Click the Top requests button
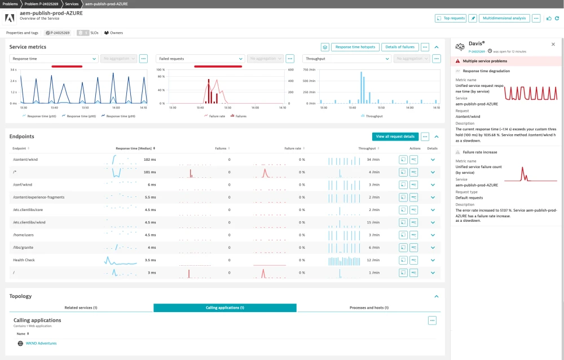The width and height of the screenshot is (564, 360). (x=451, y=18)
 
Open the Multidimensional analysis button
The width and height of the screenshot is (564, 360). (x=504, y=18)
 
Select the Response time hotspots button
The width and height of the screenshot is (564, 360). (x=355, y=47)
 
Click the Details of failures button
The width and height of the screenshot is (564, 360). (x=399, y=47)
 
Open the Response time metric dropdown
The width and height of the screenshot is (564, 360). (x=54, y=59)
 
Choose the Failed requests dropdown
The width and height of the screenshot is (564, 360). (x=200, y=59)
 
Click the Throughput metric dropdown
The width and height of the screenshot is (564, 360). (x=347, y=59)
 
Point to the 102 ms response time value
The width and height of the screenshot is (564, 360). (x=150, y=160)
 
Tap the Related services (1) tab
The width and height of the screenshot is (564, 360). (x=81, y=308)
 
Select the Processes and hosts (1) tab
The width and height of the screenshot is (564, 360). (x=369, y=308)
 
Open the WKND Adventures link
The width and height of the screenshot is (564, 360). (x=41, y=343)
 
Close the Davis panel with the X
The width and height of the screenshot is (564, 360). (x=553, y=44)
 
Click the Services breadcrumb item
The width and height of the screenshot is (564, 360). (x=72, y=4)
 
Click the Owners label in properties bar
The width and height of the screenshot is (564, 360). (x=116, y=33)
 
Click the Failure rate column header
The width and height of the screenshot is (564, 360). (x=293, y=148)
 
